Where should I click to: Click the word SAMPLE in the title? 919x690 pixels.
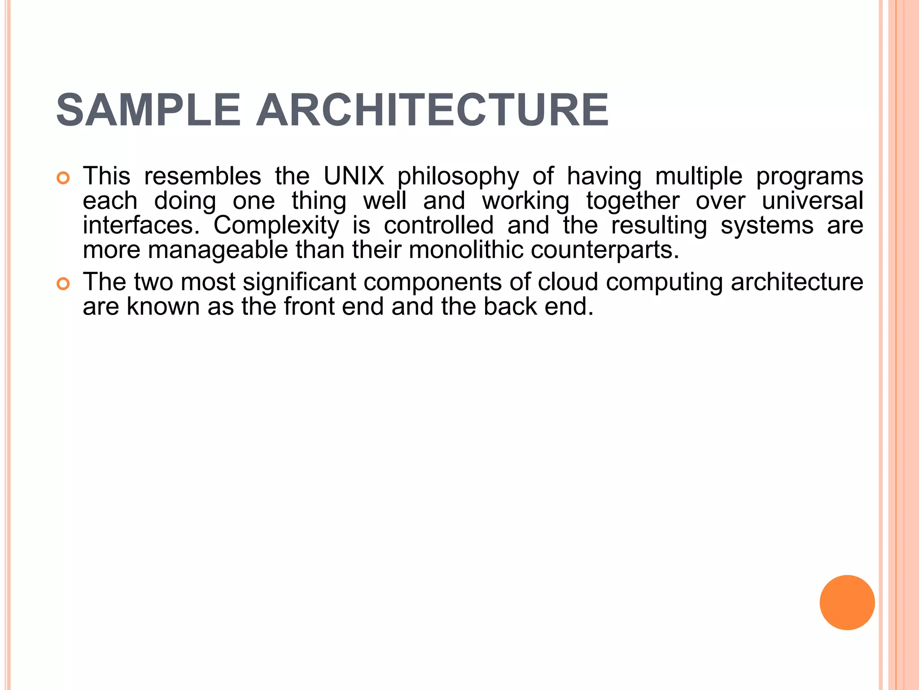tap(149, 111)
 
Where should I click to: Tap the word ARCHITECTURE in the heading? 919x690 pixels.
tap(432, 111)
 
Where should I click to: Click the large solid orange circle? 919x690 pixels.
tap(847, 602)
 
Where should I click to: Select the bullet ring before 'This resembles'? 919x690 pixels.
tap(63, 178)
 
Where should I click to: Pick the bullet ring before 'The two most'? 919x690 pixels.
tap(63, 284)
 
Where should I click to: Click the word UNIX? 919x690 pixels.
tap(354, 176)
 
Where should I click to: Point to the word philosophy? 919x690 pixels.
tap(458, 177)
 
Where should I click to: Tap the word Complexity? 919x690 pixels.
tap(276, 226)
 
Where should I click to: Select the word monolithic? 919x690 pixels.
tap(466, 250)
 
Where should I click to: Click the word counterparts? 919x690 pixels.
tap(604, 251)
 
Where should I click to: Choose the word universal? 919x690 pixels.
tap(812, 201)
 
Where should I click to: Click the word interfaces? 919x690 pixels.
tap(141, 226)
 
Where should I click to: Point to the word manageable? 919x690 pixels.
tap(218, 251)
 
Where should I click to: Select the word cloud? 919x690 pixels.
tap(568, 282)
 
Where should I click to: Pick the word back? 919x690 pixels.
tap(510, 307)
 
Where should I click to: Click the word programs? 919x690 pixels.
tap(810, 177)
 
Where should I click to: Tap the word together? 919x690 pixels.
tap(633, 201)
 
